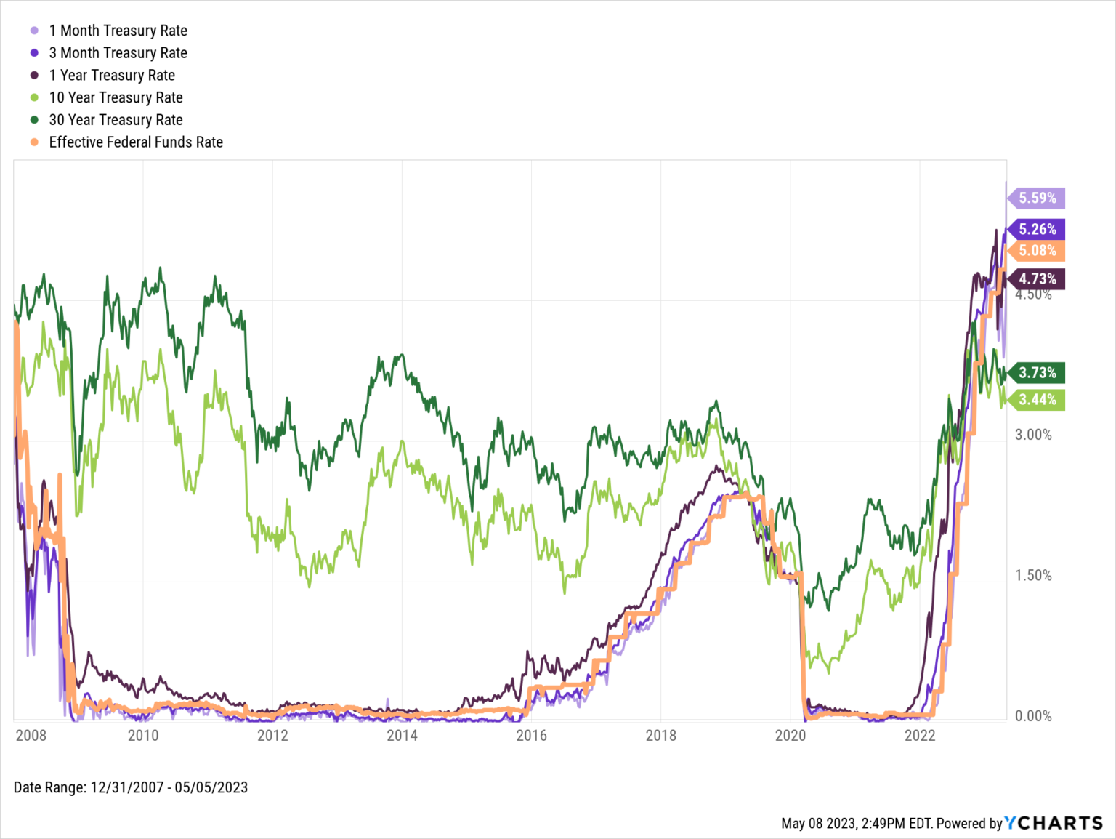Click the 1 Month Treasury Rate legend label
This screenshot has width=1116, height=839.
point(118,31)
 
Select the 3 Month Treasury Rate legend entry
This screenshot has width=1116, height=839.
point(118,53)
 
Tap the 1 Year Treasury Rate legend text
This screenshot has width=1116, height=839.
point(112,76)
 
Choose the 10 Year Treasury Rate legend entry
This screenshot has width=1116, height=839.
point(116,97)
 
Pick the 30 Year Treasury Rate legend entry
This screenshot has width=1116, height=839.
point(116,120)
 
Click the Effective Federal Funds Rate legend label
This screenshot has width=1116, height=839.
point(136,142)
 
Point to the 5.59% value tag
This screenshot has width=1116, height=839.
point(1037,198)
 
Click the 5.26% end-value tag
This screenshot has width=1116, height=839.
point(1037,229)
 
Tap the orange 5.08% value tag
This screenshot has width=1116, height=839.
point(1037,251)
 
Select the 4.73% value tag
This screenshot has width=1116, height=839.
point(1037,278)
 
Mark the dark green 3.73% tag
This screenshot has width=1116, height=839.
point(1037,373)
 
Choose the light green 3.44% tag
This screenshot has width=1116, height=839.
point(1037,399)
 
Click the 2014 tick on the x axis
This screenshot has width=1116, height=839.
point(402,735)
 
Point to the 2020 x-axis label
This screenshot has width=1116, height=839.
point(790,735)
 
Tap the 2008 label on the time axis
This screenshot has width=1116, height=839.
point(31,735)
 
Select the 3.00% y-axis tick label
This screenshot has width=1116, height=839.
point(1033,435)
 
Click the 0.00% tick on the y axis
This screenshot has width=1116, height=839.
point(1033,716)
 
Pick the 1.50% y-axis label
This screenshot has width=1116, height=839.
point(1033,576)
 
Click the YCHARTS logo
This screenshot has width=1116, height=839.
point(1054,823)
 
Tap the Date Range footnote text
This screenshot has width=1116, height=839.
point(131,787)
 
